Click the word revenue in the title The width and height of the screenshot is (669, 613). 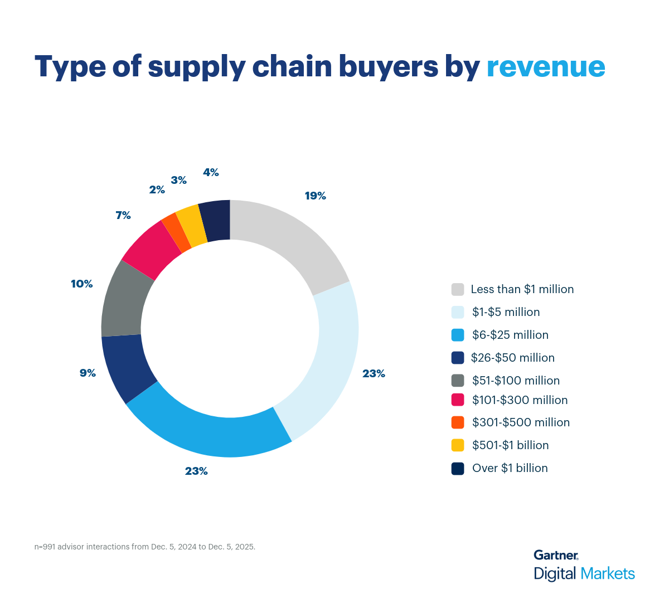click(x=546, y=67)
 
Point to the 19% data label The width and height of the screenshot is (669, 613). click(x=315, y=196)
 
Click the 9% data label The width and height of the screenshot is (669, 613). click(x=88, y=373)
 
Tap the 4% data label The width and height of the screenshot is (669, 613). click(x=211, y=173)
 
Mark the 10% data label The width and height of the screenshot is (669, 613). click(x=81, y=284)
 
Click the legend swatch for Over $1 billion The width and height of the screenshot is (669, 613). click(x=458, y=468)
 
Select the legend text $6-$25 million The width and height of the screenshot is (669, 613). click(x=510, y=335)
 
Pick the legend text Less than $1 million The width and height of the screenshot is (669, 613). click(x=522, y=289)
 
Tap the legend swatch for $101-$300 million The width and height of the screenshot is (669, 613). click(x=458, y=400)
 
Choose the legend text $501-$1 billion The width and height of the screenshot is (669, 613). click(x=510, y=445)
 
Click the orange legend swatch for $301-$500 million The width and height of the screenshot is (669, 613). click(x=458, y=422)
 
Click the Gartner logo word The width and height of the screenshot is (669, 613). click(x=555, y=555)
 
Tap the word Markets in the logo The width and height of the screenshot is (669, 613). click(x=607, y=573)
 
